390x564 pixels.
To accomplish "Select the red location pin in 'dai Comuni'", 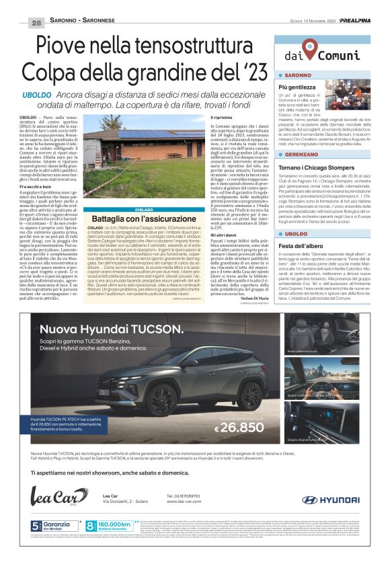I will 310,46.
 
